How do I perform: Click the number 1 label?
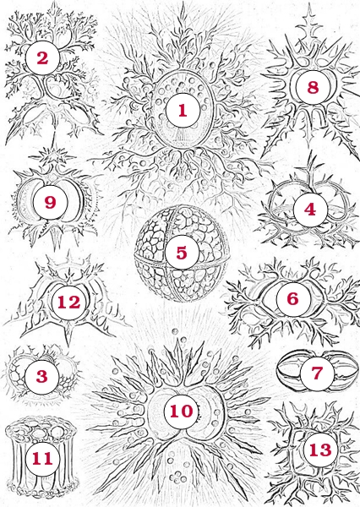coord(183,110)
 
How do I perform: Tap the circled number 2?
coord(42,58)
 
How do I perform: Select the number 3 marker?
coord(41,377)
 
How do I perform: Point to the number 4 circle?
coord(310,210)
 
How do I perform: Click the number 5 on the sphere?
coord(182,252)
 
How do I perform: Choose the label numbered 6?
coord(293,299)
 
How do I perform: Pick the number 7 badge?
coord(317,373)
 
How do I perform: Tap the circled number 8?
coord(313,87)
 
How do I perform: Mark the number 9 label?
coord(50,202)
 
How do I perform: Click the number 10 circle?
coord(181,412)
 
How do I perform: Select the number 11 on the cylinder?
coord(42,459)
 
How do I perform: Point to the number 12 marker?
coord(68,303)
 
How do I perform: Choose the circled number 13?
coord(320,450)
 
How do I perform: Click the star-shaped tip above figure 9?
coord(52,157)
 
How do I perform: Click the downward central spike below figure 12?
coord(68,334)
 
